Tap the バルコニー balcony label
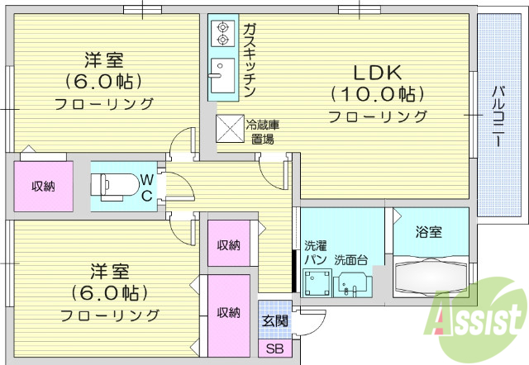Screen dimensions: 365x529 coord(498,115)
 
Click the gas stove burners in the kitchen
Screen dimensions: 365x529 coord(222,32)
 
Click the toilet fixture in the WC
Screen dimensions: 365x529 coord(116,187)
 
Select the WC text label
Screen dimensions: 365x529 coord(145,187)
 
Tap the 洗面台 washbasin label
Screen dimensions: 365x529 coord(350,260)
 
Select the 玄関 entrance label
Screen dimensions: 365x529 coord(274,321)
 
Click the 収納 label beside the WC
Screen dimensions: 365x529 coord(43,187)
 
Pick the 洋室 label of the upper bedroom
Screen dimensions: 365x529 coord(104,59)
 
